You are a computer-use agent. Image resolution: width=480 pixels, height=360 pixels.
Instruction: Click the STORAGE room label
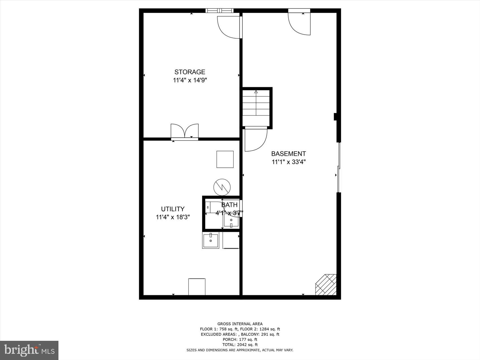(x=189, y=72)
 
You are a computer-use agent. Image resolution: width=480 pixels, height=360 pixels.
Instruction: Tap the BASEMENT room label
(x=288, y=154)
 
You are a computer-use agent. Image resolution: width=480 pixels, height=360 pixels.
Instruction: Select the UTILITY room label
(x=173, y=209)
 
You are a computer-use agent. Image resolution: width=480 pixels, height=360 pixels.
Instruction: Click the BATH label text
(x=229, y=205)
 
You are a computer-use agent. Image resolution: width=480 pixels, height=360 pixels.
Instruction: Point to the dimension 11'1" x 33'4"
(x=289, y=162)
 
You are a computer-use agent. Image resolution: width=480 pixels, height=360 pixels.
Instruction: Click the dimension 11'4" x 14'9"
(x=190, y=80)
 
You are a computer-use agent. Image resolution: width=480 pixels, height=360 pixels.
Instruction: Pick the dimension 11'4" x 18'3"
(x=173, y=217)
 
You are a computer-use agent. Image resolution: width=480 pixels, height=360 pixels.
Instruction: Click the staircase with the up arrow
(x=256, y=106)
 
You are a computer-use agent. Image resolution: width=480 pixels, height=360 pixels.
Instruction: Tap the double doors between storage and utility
(x=184, y=132)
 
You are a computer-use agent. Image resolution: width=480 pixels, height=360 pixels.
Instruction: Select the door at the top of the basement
(x=299, y=23)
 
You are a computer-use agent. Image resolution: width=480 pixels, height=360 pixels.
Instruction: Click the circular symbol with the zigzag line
(x=222, y=187)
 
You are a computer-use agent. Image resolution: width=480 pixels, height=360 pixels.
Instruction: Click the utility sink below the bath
(x=210, y=240)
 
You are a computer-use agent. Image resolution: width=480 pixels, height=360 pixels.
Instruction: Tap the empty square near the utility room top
(x=225, y=159)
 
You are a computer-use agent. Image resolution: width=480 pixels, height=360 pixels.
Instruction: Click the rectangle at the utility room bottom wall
(x=197, y=287)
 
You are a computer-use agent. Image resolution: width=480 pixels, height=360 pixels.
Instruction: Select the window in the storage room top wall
(x=219, y=11)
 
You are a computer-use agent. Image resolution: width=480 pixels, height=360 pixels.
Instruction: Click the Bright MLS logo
(x=29, y=350)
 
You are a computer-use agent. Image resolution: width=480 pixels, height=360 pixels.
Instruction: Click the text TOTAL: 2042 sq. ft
(x=240, y=344)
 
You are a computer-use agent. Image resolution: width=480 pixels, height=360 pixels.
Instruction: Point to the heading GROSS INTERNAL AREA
(x=240, y=324)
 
